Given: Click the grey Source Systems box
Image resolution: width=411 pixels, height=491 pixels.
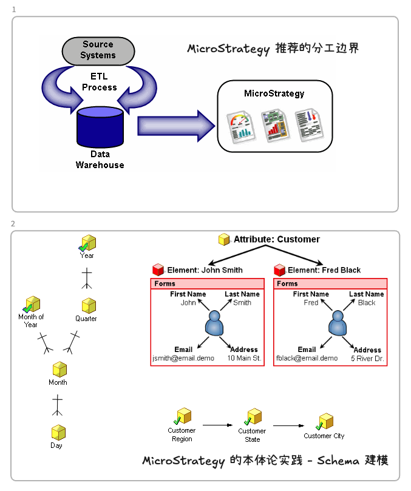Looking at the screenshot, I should pos(98,50).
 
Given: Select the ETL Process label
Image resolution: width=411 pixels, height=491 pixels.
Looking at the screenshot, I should pos(99,82).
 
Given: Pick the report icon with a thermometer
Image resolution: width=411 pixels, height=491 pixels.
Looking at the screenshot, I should pos(307,125).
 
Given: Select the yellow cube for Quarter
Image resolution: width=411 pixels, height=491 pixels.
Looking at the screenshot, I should pos(89,306).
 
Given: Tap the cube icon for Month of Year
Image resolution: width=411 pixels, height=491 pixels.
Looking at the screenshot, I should pos(31,304).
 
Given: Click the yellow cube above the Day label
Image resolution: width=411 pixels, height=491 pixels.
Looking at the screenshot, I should pos(58,433).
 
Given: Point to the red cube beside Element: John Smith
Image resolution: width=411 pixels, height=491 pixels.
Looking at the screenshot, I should pos(158,269).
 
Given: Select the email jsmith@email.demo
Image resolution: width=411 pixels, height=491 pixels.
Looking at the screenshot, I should pos(183,358).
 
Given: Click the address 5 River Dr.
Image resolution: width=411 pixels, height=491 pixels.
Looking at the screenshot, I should pos(367,359).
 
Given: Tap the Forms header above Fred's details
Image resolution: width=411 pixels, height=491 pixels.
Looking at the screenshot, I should pos(288,283).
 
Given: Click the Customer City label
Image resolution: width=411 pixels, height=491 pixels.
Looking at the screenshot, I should pos(324,436).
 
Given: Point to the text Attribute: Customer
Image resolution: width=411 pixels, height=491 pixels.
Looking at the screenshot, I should pos(276,239).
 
